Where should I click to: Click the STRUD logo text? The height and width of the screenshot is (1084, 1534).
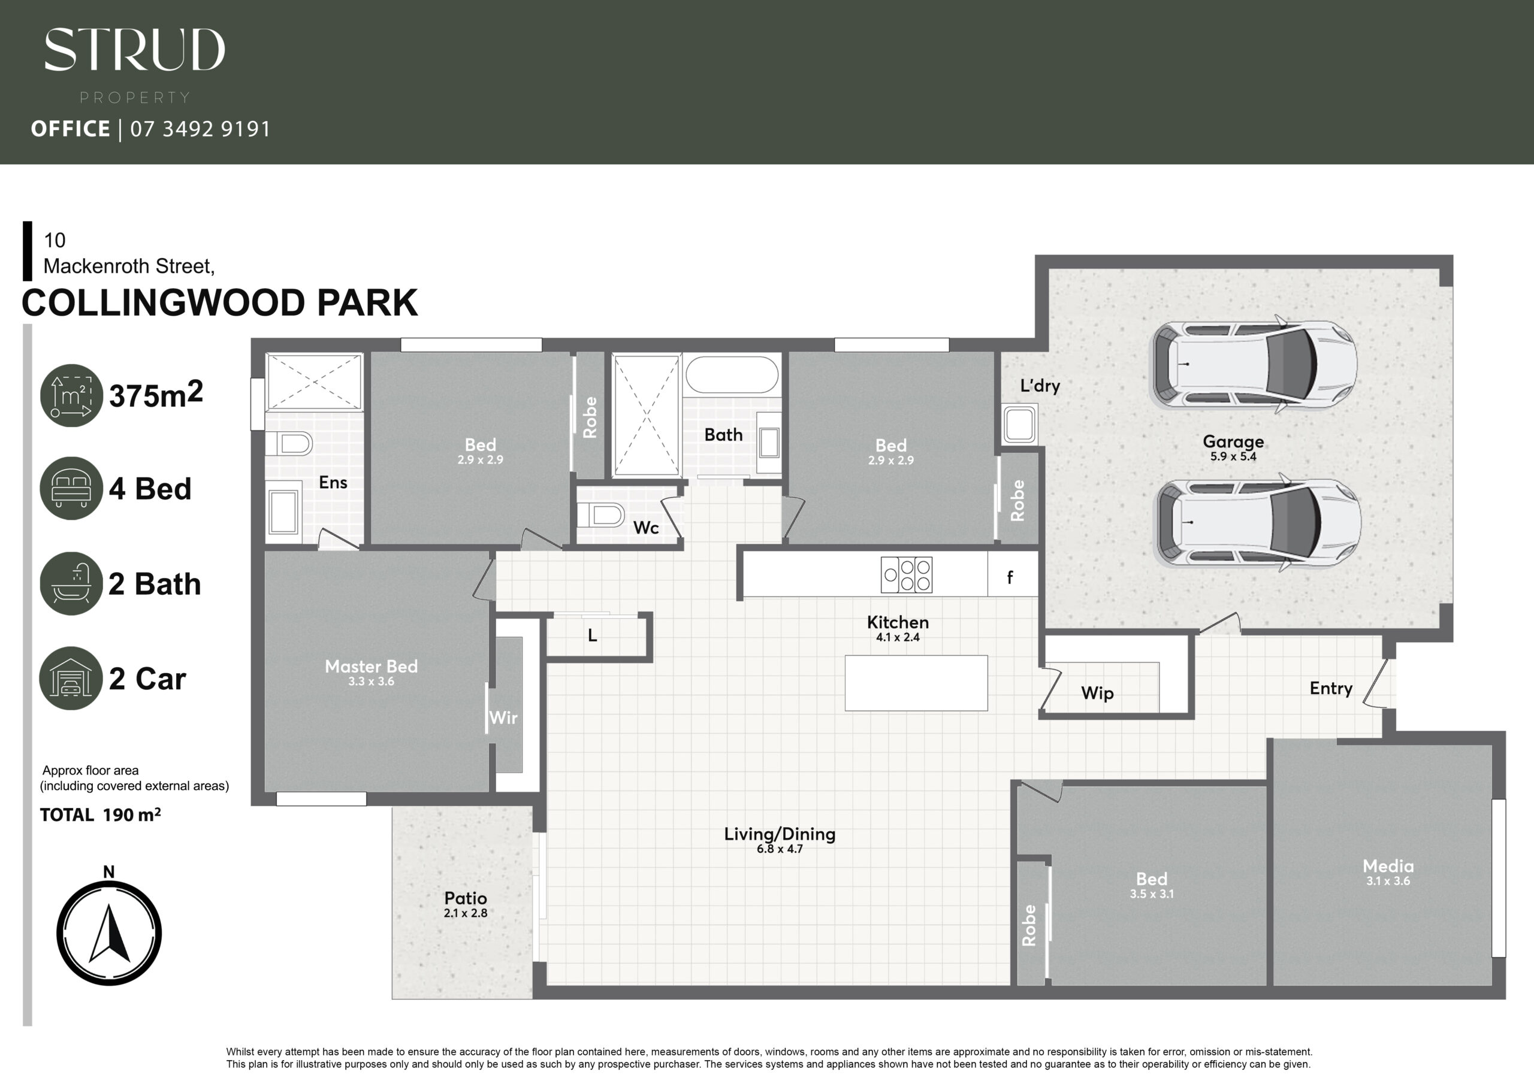(134, 50)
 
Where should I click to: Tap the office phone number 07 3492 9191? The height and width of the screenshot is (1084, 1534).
(200, 129)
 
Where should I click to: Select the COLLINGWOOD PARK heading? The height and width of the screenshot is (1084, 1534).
(220, 302)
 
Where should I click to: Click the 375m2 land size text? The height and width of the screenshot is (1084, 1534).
(156, 394)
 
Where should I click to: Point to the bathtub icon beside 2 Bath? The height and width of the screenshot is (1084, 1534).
(71, 583)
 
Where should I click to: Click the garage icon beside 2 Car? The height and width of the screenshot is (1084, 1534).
(71, 678)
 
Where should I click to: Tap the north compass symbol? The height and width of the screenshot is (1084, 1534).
(109, 932)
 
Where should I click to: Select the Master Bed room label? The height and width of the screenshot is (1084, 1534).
(372, 666)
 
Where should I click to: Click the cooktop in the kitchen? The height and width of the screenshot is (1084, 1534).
(907, 574)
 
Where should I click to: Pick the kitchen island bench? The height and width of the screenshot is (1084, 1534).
(916, 683)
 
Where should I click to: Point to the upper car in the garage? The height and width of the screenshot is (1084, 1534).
(1254, 365)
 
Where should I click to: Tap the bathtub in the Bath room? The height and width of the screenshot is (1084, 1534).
(732, 375)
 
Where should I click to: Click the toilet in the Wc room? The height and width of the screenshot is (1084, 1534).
(600, 515)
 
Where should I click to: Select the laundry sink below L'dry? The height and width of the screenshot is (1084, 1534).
(1019, 423)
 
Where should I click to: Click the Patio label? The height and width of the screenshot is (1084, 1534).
(466, 898)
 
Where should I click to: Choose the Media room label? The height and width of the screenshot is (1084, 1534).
(1388, 865)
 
